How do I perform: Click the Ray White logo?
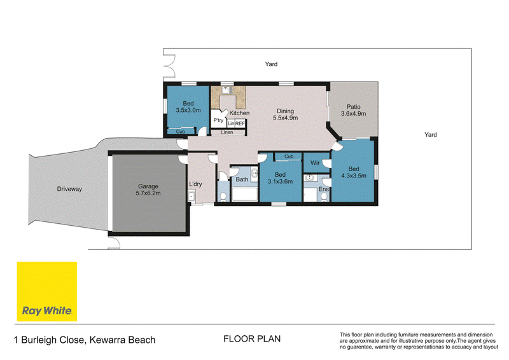pos(46,291)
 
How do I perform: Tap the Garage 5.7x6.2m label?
pos(148,190)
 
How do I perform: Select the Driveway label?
pos(69,189)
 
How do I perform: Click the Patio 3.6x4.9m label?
pos(354,110)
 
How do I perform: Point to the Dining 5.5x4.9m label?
pos(285,114)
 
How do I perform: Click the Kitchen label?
pos(240,113)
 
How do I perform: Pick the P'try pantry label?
pos(218,120)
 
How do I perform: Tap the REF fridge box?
pos(240,123)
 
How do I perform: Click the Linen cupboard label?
pos(227,132)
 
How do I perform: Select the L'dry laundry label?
pos(195,184)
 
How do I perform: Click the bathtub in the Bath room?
pos(244,194)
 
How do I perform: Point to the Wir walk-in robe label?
pos(315,163)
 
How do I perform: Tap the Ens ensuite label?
pos(324,189)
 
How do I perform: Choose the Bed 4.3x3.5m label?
pos(354,172)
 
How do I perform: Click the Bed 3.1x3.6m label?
pos(280,178)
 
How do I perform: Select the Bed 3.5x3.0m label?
pos(188,107)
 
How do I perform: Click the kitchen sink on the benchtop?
pos(226,90)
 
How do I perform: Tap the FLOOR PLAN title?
pos(252,339)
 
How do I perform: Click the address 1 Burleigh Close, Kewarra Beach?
pos(85,340)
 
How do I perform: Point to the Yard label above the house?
pos(271,64)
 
